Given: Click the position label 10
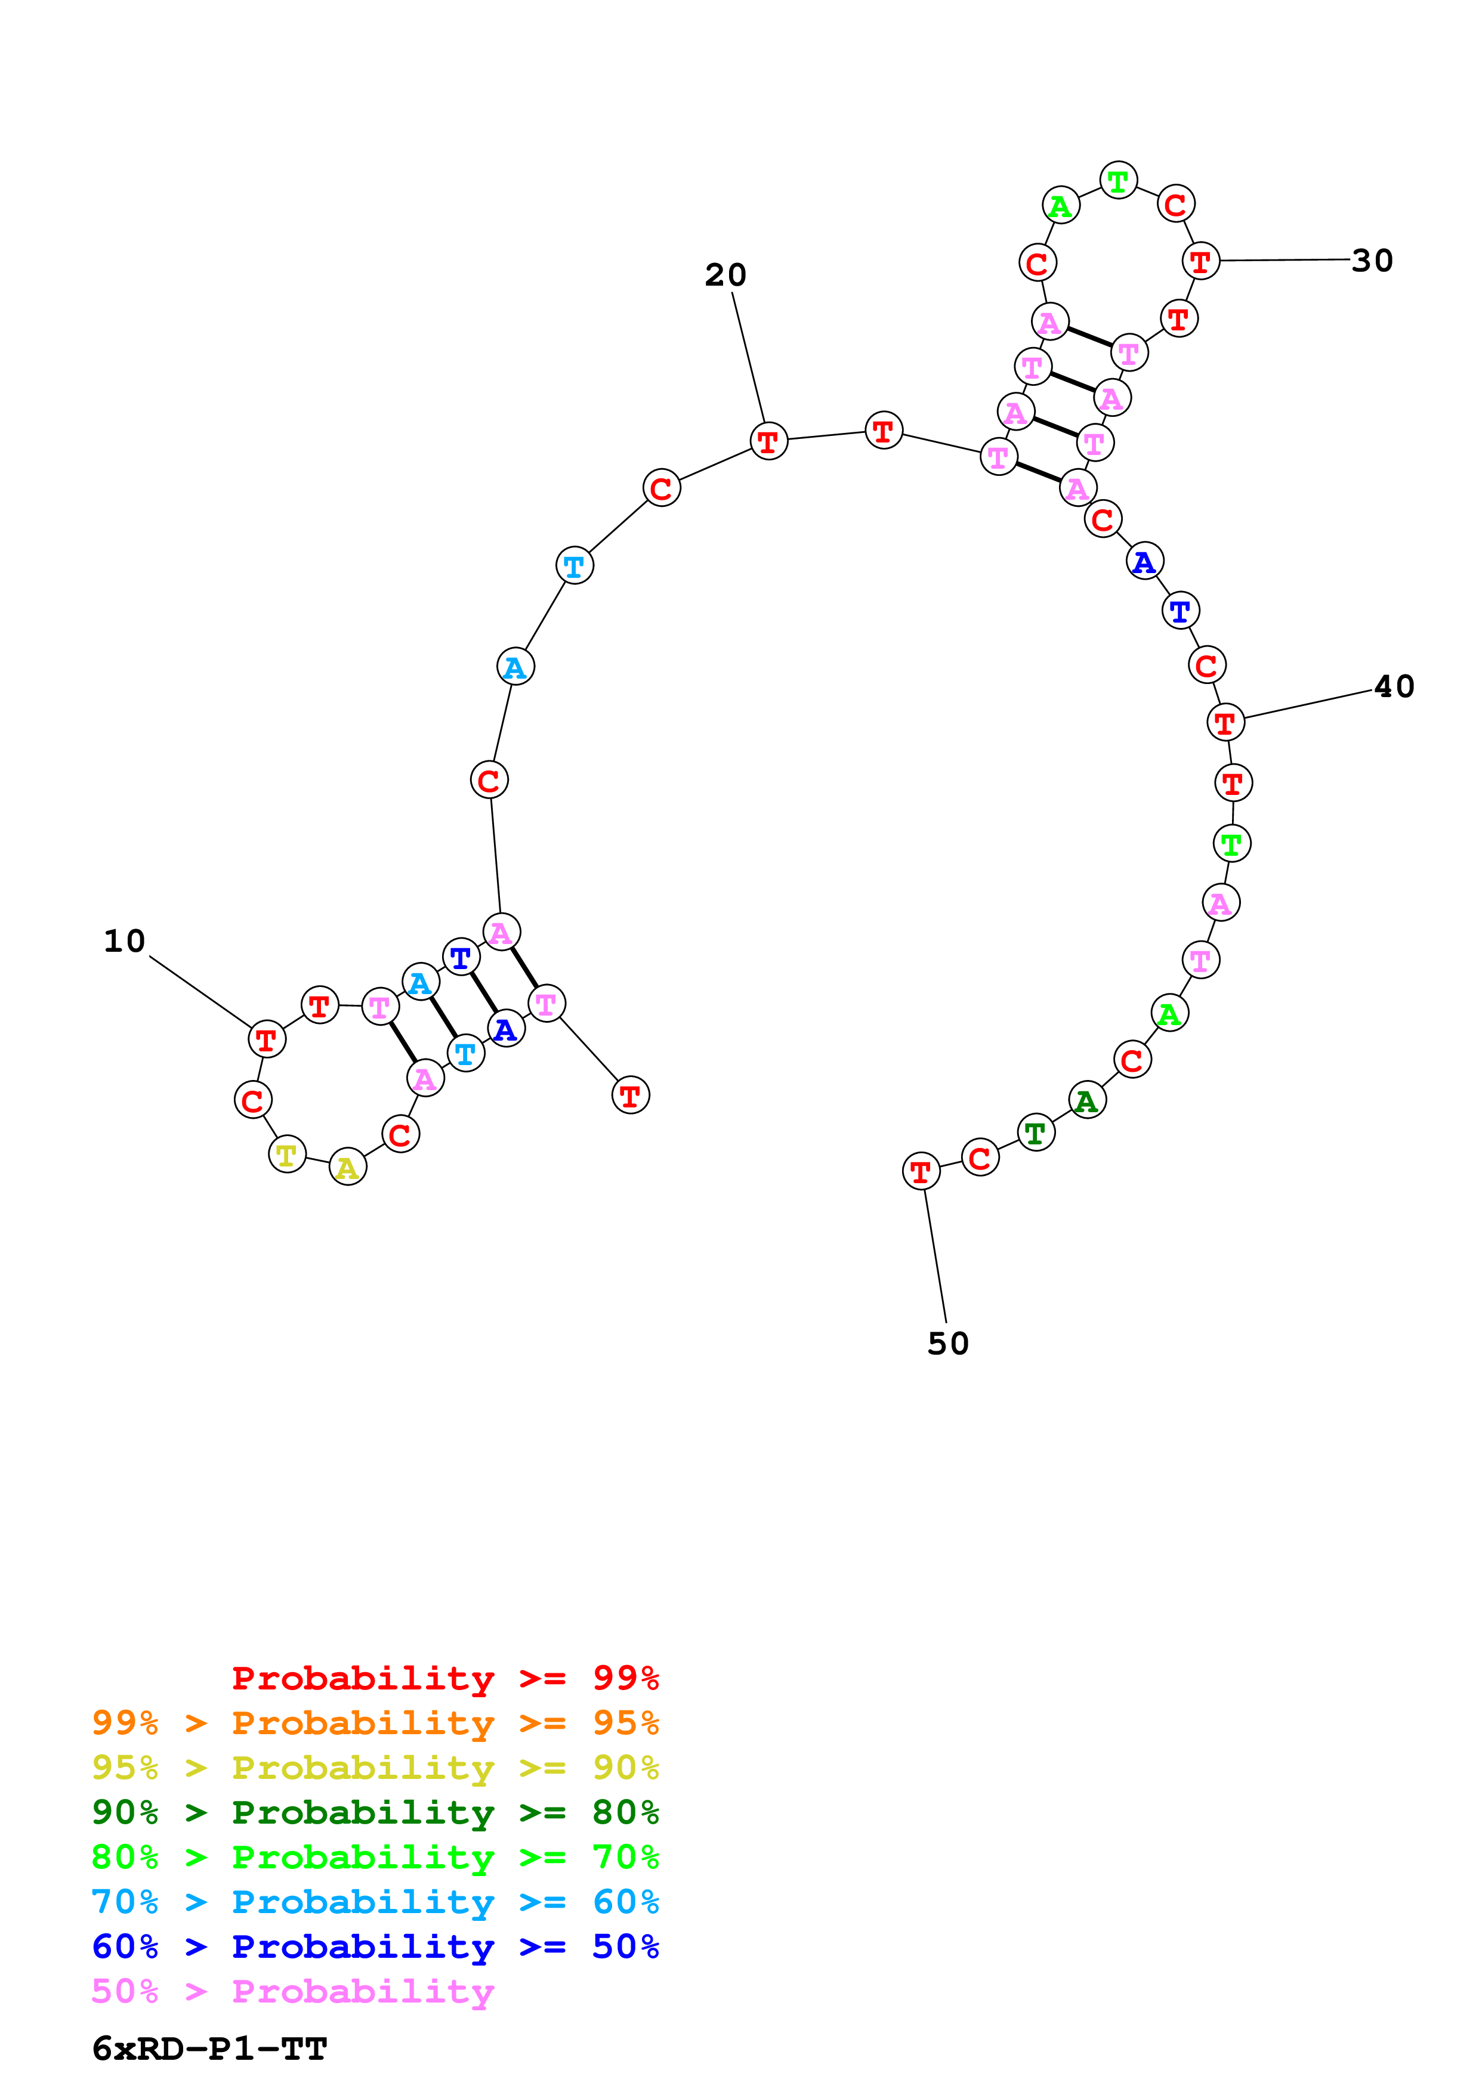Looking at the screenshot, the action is (125, 941).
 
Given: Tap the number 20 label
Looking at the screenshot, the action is (725, 275).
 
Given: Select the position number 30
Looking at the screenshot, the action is (1372, 261).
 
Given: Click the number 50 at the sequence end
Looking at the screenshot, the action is (948, 1343).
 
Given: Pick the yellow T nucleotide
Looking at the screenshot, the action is (287, 1155).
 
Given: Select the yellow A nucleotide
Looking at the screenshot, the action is (347, 1167).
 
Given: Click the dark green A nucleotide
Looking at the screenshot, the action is (1086, 1101).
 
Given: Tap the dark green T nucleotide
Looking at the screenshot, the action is (1035, 1132).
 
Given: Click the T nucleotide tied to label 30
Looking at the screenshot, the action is (1201, 261).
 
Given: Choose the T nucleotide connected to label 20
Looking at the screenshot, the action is (768, 441).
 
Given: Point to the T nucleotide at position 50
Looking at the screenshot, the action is (921, 1171).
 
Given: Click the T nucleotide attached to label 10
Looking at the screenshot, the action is (266, 1039).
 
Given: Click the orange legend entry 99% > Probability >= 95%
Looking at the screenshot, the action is (375, 1722).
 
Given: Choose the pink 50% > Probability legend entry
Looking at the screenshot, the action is (292, 1991).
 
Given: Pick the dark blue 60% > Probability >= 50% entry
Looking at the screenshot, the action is (375, 1946).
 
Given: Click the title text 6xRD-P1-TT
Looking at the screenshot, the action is (209, 2048).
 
